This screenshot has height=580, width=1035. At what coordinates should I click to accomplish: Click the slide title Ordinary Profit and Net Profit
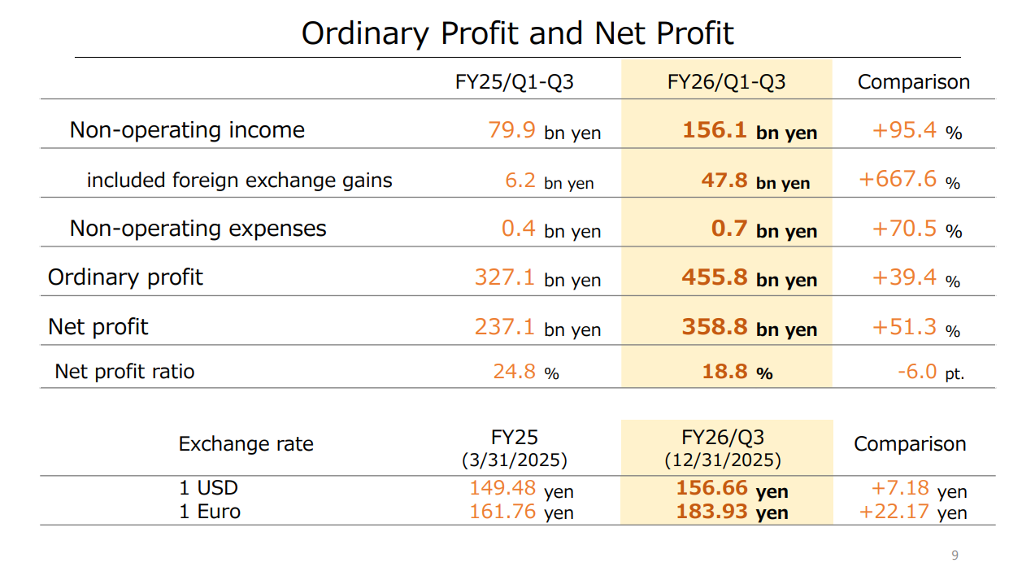(x=517, y=33)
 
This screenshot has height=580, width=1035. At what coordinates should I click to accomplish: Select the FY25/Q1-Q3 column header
(x=515, y=82)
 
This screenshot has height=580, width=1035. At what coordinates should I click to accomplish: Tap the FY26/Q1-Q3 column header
(x=726, y=82)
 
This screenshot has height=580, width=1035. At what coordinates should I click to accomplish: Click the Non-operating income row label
(x=187, y=130)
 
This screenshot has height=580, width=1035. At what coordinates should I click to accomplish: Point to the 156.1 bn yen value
(x=750, y=131)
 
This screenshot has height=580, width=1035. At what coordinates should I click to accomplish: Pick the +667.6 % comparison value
(x=909, y=180)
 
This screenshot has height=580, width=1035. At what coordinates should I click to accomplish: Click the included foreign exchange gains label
(x=239, y=181)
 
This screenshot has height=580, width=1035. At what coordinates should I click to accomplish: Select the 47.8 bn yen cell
(x=755, y=181)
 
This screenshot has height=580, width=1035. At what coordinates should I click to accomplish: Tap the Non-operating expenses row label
(x=198, y=229)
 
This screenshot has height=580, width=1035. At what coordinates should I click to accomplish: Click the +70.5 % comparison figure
(x=916, y=229)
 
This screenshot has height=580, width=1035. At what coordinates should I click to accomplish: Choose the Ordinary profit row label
(x=125, y=277)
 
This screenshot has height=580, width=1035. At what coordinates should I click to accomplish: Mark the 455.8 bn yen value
(x=749, y=278)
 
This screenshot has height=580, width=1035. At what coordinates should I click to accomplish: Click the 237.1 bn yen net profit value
(x=537, y=328)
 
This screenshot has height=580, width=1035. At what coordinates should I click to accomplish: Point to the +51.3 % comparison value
(x=916, y=328)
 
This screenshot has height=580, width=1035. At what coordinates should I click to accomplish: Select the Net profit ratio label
(x=124, y=372)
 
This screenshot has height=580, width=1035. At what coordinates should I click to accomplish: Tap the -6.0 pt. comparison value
(x=930, y=373)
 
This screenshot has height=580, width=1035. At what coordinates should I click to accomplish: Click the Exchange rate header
(x=246, y=444)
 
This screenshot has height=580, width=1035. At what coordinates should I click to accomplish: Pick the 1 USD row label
(x=208, y=488)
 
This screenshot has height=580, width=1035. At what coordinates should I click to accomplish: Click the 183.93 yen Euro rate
(x=732, y=512)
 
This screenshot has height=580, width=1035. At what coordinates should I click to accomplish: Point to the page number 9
(x=955, y=556)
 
